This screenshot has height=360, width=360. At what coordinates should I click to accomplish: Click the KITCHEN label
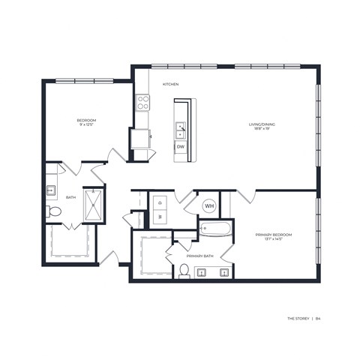(170, 85)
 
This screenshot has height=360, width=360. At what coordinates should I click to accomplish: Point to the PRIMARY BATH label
(199, 256)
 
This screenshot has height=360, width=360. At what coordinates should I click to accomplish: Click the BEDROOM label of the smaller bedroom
(86, 121)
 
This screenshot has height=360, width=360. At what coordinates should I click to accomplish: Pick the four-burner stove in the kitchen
(142, 103)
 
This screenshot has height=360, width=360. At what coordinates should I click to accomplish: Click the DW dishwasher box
(181, 148)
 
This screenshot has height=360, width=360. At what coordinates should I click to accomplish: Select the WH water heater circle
(210, 205)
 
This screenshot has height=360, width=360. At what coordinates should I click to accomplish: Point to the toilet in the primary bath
(183, 270)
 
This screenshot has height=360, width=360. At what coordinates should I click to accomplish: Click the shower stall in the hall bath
(94, 204)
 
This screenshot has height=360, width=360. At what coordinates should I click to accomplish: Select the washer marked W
(159, 217)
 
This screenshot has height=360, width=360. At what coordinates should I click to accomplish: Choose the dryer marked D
(159, 202)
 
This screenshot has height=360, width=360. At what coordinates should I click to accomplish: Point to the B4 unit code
(328, 319)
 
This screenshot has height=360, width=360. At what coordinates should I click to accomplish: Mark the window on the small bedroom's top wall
(84, 80)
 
